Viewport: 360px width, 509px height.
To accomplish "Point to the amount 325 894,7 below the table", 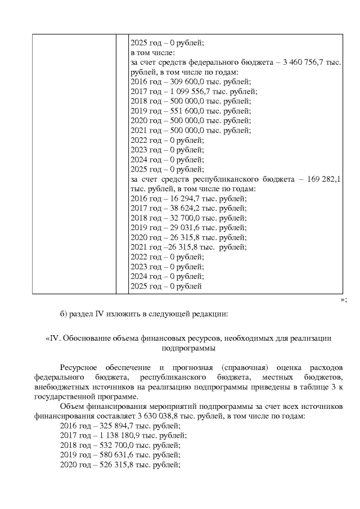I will [107, 426].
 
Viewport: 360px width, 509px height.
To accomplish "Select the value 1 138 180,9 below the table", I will [111, 435].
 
